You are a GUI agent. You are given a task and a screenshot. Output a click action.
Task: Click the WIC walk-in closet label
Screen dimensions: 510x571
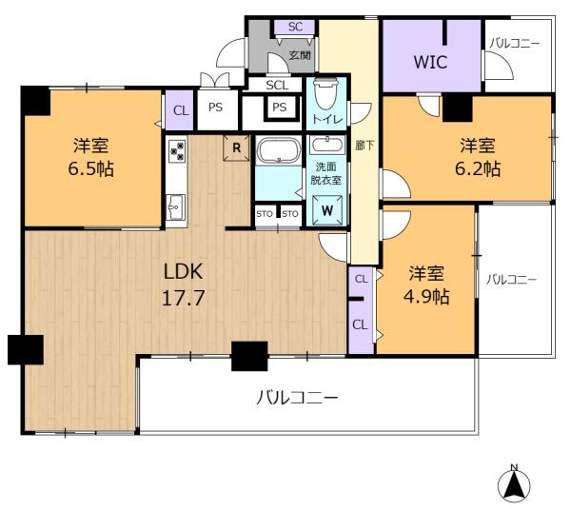tap(430, 63)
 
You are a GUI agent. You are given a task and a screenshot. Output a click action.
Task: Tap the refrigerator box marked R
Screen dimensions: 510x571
tap(235, 147)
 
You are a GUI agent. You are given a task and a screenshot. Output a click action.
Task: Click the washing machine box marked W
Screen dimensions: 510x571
tap(326, 210)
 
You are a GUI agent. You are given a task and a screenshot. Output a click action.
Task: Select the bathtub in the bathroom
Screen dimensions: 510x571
tap(277, 151)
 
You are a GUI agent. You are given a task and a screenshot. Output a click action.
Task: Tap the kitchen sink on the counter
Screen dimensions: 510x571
tap(176, 204)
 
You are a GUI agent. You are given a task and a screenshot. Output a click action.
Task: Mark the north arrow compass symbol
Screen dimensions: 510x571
tap(514, 485)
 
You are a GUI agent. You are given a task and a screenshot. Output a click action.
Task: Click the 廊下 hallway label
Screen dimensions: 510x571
tap(363, 147)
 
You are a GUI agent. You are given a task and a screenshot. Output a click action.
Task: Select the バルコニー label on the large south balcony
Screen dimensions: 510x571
tap(297, 397)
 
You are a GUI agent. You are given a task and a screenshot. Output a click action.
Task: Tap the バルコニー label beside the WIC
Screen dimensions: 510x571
tap(515, 44)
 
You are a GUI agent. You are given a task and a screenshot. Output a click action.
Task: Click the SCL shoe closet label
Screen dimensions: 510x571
tap(277, 85)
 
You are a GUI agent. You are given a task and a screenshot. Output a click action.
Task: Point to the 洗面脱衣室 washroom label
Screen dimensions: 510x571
tap(326, 172)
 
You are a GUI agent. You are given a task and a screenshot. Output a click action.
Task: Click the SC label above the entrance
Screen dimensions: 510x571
tap(295, 27)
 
